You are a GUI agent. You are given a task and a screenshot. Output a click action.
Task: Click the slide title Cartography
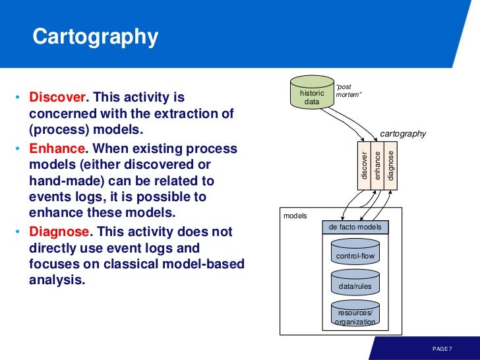(x=96, y=37)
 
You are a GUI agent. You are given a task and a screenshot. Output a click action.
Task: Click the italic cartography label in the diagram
(x=404, y=134)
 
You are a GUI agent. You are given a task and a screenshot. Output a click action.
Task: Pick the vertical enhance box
(x=377, y=165)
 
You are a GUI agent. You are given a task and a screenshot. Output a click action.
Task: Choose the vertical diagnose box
(x=391, y=165)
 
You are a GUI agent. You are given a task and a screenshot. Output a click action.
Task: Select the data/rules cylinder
(x=355, y=286)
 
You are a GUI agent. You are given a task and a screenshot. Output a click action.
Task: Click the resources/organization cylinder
(x=355, y=316)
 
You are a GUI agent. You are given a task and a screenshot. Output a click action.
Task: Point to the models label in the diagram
(x=295, y=215)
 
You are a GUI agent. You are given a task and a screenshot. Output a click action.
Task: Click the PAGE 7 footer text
(x=442, y=348)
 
